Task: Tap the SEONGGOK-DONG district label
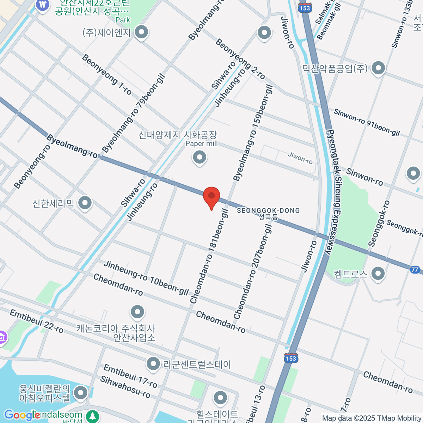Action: tap(268, 211)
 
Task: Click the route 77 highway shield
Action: tap(415, 270)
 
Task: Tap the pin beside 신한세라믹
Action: tap(85, 203)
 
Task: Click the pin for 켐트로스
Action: tap(378, 273)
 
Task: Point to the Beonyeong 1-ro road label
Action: tap(107, 75)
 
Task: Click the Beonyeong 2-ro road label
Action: tap(240, 59)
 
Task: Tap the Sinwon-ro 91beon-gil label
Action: tap(367, 123)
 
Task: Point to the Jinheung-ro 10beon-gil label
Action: tap(146, 278)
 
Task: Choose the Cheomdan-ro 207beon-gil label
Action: tap(253, 272)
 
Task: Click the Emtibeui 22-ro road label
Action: tap(37, 321)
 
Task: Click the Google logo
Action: tap(22, 415)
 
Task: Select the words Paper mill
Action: tap(202, 143)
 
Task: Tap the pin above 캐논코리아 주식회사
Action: tap(137, 311)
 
